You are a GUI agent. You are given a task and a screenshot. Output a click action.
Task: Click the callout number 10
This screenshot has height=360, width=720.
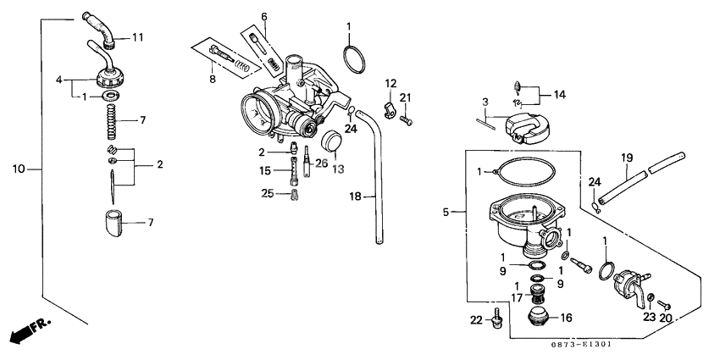[19, 169]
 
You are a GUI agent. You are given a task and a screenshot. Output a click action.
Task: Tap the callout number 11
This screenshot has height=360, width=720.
[137, 37]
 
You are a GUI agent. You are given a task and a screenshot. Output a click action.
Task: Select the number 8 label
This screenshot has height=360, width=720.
[212, 80]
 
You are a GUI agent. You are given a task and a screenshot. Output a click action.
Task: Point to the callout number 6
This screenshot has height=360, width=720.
[263, 17]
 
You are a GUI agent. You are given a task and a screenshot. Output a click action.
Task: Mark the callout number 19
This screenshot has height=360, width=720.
[627, 158]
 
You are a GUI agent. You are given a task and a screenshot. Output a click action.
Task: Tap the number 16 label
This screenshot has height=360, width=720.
[564, 318]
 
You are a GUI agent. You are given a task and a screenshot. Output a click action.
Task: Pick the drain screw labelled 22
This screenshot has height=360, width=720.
[499, 318]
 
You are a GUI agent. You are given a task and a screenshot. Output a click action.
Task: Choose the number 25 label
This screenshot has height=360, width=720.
[268, 194]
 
